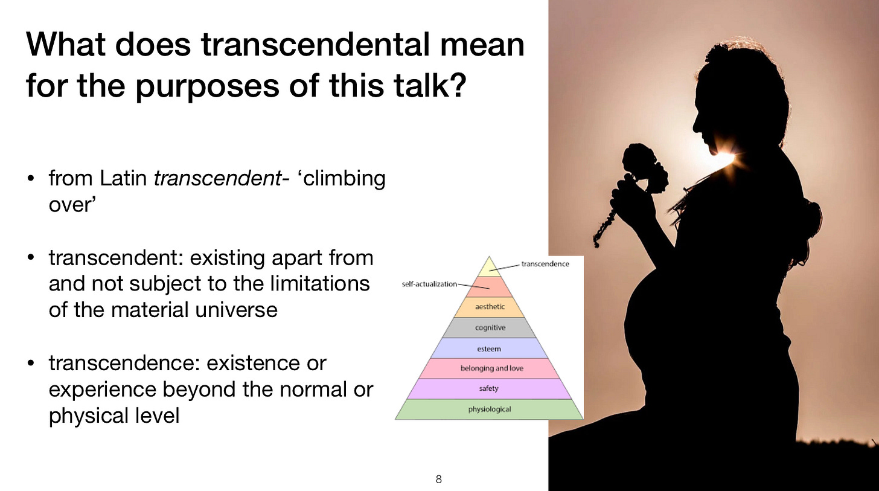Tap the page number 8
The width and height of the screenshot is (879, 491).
(x=439, y=480)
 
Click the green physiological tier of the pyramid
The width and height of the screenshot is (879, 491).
(x=490, y=409)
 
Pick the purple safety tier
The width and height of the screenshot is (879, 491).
(x=490, y=389)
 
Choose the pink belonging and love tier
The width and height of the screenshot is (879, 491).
(x=491, y=368)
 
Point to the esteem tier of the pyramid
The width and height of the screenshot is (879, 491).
(x=488, y=348)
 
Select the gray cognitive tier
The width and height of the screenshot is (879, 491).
(x=490, y=328)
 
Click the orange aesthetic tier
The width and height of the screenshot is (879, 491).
(x=490, y=307)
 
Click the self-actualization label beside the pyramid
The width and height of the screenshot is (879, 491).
(x=429, y=284)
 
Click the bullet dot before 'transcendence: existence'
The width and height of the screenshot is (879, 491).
(x=31, y=364)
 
